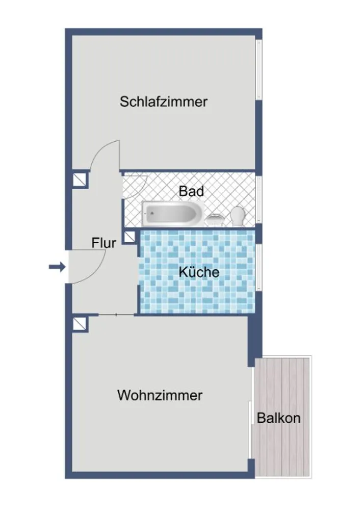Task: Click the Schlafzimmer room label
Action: [x=164, y=102]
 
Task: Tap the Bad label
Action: [x=191, y=191]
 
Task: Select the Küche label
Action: [x=199, y=272]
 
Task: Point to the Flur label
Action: [x=104, y=243]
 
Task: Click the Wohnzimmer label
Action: [x=160, y=395]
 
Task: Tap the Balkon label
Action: [x=279, y=418]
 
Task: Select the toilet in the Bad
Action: [x=238, y=216]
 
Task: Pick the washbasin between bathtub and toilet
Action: [x=215, y=219]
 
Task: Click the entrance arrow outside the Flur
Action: [x=57, y=267]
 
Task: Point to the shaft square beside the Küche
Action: [x=130, y=237]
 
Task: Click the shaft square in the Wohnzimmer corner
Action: [x=80, y=324]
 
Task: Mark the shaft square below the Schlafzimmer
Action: [x=80, y=179]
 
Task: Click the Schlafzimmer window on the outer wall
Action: [x=259, y=69]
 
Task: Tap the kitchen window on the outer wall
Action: [x=259, y=267]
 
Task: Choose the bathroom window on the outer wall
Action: [x=259, y=200]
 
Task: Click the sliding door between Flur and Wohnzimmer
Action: [x=116, y=315]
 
